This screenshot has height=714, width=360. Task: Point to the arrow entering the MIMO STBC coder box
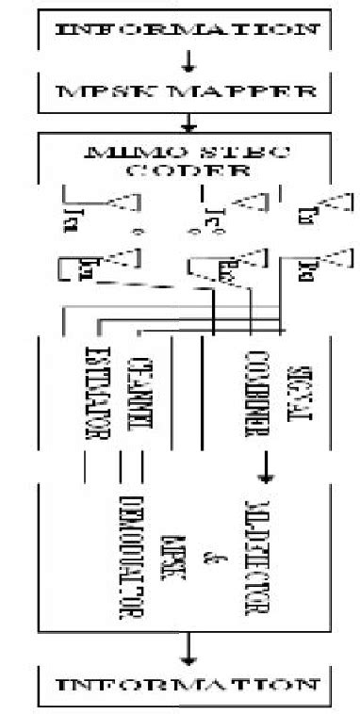188,123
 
